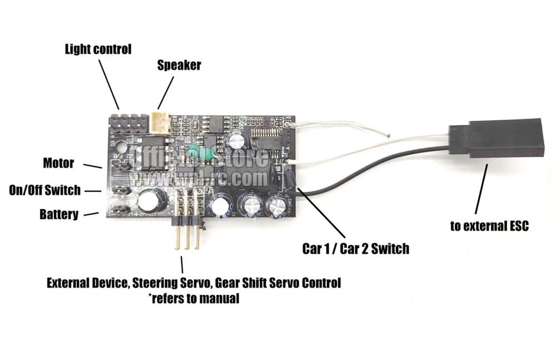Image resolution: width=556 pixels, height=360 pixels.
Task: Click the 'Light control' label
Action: pos(98,49)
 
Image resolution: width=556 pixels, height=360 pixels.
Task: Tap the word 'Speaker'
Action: pos(178,65)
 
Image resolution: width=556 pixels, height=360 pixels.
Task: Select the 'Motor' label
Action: pos(58,163)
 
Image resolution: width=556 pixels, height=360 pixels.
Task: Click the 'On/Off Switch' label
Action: pos(44,190)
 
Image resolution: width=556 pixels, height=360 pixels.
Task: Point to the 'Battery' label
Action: pos(59,214)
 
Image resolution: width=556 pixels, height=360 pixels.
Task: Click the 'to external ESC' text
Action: pos(489,226)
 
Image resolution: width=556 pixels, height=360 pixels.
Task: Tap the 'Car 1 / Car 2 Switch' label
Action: pos(355,248)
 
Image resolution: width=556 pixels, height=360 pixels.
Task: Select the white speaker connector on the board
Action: pos(160,122)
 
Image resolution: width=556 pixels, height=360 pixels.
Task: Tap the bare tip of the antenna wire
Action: pos(387,135)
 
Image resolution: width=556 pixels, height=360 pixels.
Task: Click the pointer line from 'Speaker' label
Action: pos(166,93)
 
